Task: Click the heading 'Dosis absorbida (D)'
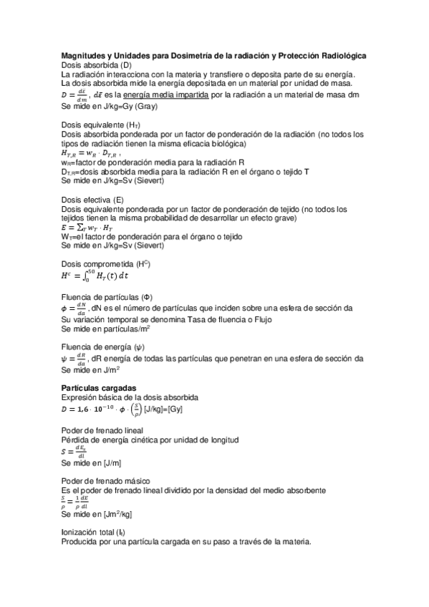97,65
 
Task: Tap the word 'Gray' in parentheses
142,107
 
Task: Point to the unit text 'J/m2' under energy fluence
109,370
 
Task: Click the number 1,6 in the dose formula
85,409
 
